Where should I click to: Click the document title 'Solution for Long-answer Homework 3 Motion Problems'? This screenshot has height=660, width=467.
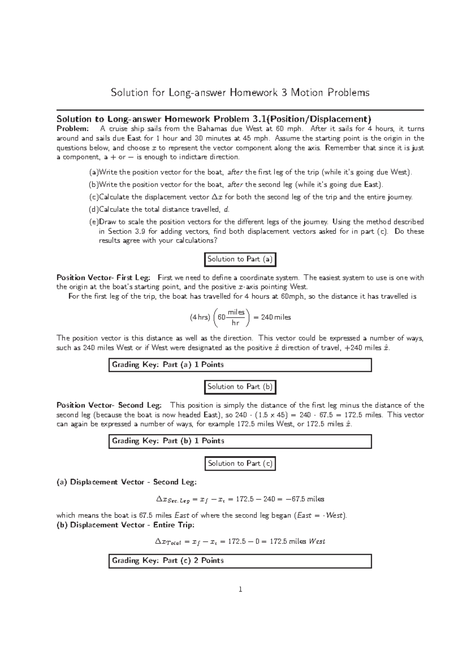tap(240, 93)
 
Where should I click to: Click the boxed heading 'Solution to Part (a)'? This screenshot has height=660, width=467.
tap(240, 259)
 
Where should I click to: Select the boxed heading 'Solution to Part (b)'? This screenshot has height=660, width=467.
tap(240, 387)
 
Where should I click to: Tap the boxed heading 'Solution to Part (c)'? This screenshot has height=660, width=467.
tap(240, 463)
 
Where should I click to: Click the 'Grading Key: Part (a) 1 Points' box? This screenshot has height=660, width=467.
tap(240, 365)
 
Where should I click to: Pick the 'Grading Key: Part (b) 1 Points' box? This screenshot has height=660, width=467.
tap(240, 441)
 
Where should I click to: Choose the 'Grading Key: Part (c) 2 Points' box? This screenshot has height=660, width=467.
tap(240, 560)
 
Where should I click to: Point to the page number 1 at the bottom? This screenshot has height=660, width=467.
tap(240, 590)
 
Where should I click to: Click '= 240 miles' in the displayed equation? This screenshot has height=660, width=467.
tap(272, 317)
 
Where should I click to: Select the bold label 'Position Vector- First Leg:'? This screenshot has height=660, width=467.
tap(103, 278)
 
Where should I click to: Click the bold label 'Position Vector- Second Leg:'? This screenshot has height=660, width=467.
tap(109, 405)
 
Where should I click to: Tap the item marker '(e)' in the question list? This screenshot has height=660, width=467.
tap(93, 222)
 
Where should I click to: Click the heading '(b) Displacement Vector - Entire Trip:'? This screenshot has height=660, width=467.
tap(125, 525)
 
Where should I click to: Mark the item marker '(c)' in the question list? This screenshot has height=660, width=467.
tap(93, 197)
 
